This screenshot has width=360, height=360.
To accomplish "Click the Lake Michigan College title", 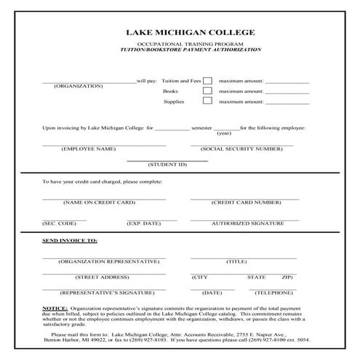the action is pyautogui.click(x=180, y=33).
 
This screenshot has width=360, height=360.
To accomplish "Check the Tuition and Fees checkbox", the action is pyautogui.click(x=207, y=81).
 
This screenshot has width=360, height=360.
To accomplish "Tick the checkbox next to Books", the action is pyautogui.click(x=207, y=92).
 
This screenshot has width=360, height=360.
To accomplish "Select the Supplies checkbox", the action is pyautogui.click(x=207, y=103).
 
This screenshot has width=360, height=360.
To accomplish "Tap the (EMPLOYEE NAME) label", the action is pyautogui.click(x=89, y=148).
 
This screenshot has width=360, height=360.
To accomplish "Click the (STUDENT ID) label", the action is pyautogui.click(x=167, y=164).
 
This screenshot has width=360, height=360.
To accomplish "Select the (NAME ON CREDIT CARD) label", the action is pyautogui.click(x=99, y=202).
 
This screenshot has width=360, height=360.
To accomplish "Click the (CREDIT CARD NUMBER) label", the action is pyautogui.click(x=246, y=202).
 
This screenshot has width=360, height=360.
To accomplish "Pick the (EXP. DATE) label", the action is pyautogui.click(x=143, y=223).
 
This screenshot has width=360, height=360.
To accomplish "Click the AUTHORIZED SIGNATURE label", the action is pyautogui.click(x=245, y=223).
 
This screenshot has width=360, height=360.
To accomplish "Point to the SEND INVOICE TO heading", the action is pyautogui.click(x=70, y=241).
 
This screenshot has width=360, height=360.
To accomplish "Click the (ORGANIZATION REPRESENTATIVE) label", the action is pyautogui.click(x=109, y=261).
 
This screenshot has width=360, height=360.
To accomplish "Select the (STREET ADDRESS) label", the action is pyautogui.click(x=102, y=277).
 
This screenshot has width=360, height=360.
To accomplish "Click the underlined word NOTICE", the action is pyautogui.click(x=55, y=308).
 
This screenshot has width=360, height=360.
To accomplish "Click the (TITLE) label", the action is pyautogui.click(x=236, y=261).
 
